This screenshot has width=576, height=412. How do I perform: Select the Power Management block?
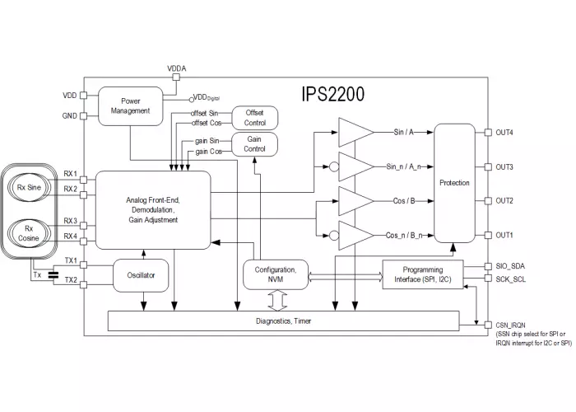click(130, 106)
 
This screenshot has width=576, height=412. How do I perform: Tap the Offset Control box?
click(256, 118)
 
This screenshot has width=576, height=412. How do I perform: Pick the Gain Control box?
click(256, 145)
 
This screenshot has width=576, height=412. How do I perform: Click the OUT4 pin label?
click(504, 132)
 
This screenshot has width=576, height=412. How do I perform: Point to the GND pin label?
click(69, 116)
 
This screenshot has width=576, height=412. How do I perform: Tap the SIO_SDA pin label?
click(512, 267)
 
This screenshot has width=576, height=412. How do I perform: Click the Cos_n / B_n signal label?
click(404, 236)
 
